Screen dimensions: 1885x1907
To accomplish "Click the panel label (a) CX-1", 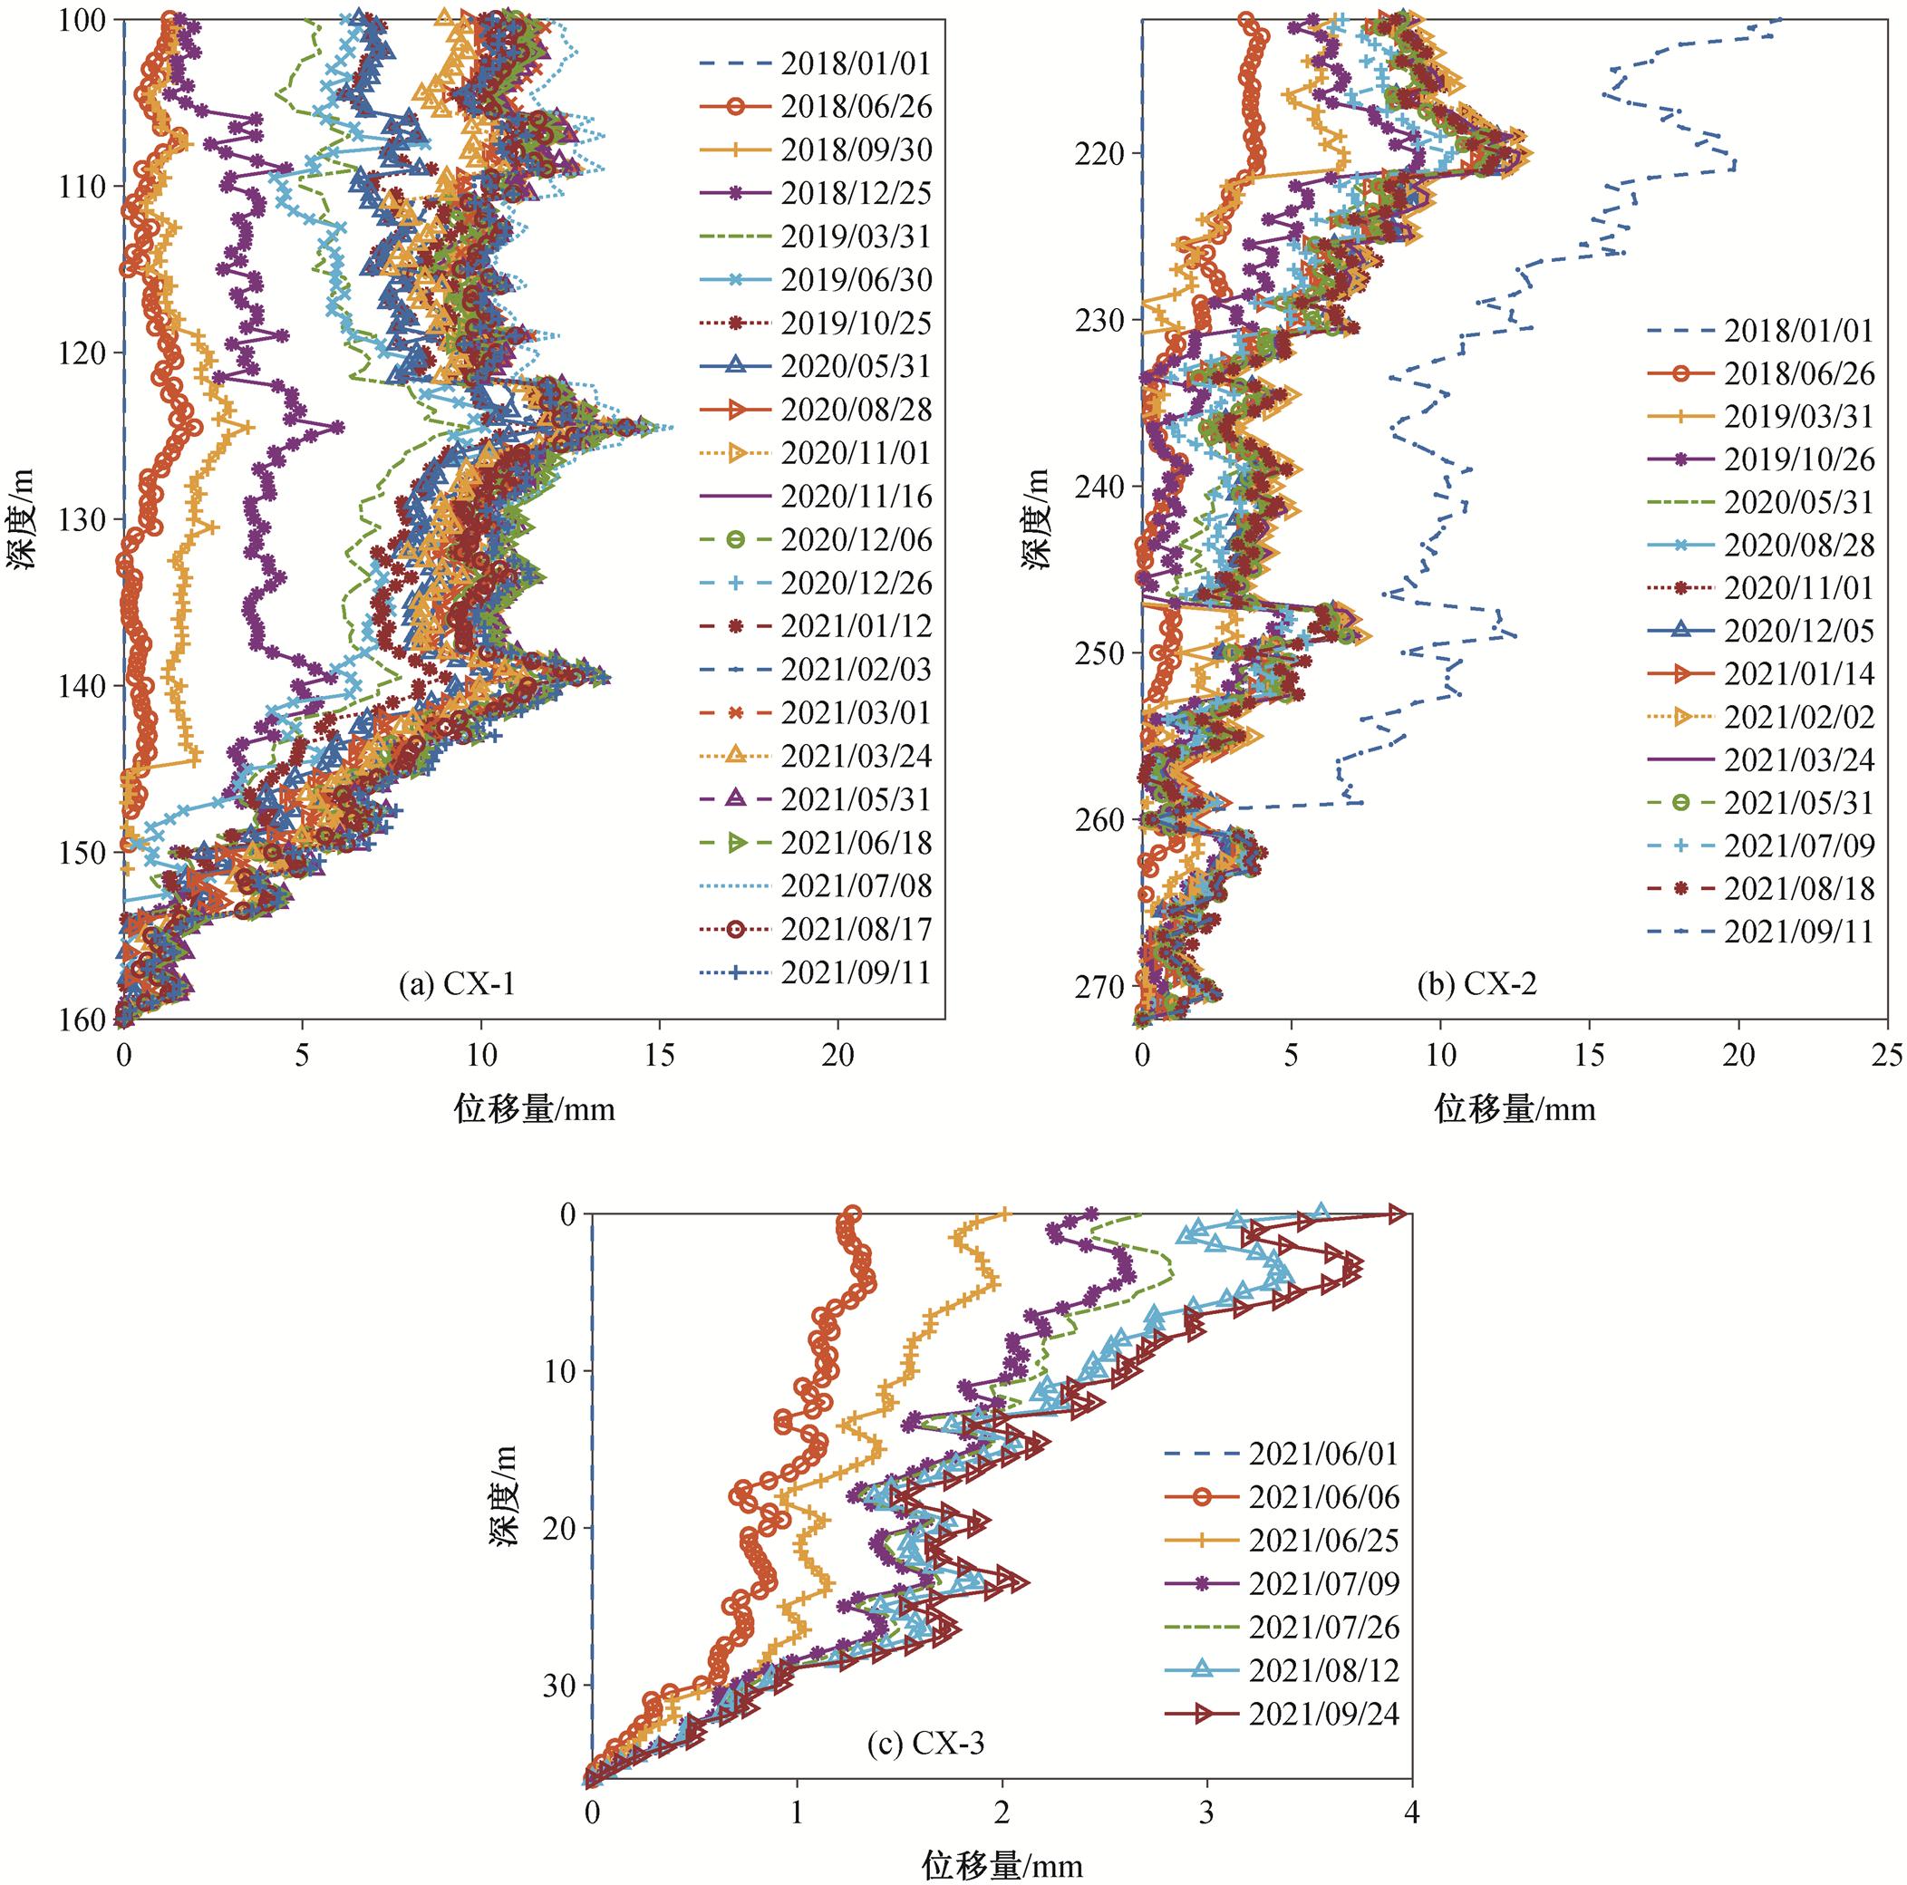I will coord(457,984).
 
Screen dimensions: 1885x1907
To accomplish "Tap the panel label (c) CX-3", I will coord(926,1744).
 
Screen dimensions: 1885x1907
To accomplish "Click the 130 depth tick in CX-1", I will coord(86,519).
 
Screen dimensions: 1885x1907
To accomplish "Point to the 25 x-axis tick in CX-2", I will coord(1888,1055).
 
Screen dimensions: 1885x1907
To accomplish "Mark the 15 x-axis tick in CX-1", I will coord(659,1055).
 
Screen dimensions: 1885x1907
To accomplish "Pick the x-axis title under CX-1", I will coord(534,1109).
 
